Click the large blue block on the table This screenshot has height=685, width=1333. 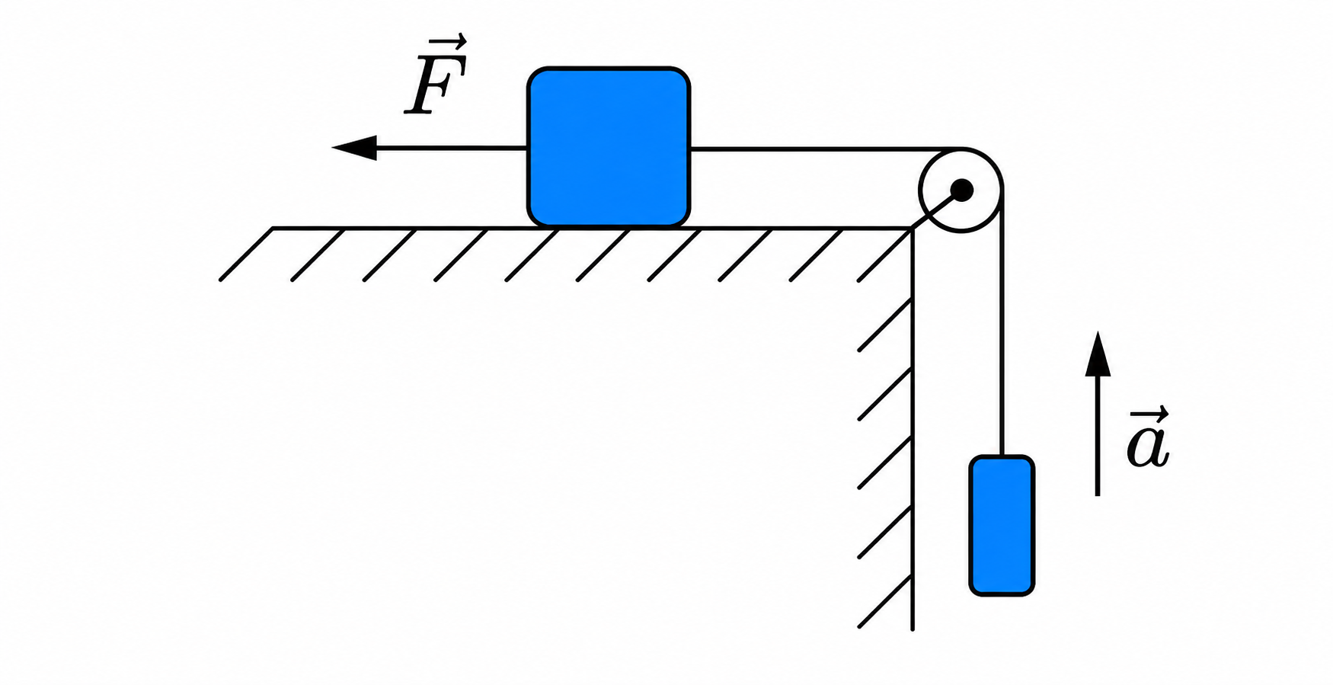(x=609, y=147)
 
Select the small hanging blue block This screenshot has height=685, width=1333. (x=1002, y=525)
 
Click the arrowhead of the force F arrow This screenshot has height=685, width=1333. (x=354, y=147)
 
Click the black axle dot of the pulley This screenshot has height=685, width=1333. (x=962, y=189)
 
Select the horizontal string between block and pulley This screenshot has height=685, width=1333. (x=823, y=149)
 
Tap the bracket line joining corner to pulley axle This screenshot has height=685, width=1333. (x=936, y=208)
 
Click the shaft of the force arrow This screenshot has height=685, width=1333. (x=452, y=148)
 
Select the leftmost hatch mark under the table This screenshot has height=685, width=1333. (x=246, y=254)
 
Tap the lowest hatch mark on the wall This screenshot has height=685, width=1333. (x=885, y=601)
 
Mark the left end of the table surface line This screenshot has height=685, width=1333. (x=273, y=228)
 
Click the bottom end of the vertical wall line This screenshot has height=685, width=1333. (x=913, y=630)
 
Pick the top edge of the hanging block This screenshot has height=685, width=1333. (x=1002, y=457)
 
